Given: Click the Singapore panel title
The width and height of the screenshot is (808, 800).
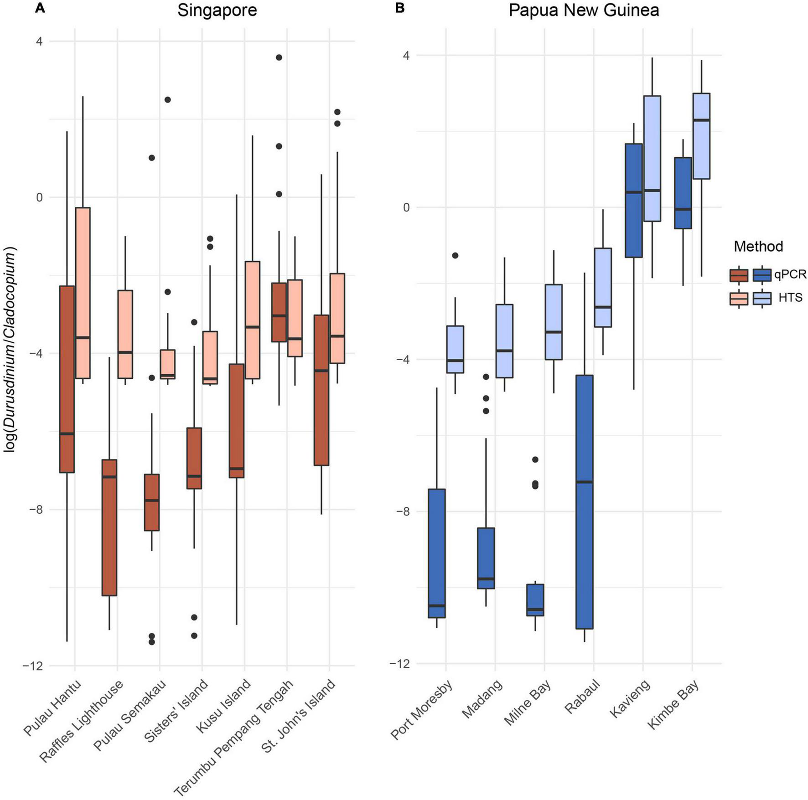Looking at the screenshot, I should (217, 10).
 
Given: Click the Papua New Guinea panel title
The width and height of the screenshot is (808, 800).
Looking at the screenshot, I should (584, 10).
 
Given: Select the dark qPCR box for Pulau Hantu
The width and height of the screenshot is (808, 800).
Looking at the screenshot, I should (67, 378).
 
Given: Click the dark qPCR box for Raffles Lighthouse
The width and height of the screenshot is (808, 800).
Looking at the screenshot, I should (109, 527).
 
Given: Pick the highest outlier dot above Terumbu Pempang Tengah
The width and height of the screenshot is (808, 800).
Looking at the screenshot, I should (279, 57).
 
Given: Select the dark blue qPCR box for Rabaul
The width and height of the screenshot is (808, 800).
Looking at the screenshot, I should (584, 501).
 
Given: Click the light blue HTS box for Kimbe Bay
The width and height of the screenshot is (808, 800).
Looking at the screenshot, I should (701, 136).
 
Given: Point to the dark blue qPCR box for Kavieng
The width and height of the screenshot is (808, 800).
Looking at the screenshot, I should (633, 201).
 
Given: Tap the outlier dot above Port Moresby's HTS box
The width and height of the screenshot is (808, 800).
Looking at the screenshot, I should (455, 255).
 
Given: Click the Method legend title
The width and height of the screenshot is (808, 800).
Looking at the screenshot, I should (758, 247).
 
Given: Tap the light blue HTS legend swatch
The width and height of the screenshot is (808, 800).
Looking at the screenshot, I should (762, 298).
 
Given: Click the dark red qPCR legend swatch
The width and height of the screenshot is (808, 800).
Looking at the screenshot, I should (739, 275).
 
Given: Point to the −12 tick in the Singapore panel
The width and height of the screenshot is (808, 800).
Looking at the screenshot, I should (32, 666).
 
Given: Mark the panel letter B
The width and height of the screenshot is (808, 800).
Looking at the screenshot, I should (400, 8).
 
